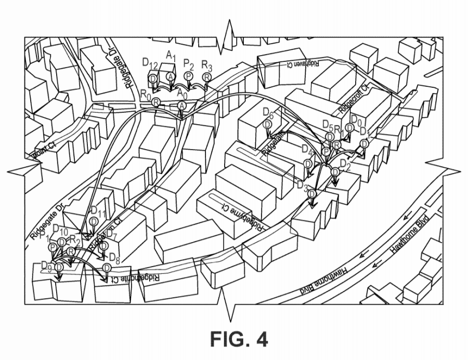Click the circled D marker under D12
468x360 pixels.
(153, 78)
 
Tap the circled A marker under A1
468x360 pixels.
(171, 76)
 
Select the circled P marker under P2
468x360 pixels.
(189, 76)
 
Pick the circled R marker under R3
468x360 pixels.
(206, 77)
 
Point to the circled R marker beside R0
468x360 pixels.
(155, 103)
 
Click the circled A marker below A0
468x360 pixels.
(181, 105)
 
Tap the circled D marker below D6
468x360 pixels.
(267, 124)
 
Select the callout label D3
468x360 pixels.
(303, 185)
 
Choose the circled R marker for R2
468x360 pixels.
(71, 252)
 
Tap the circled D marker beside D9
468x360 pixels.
(59, 266)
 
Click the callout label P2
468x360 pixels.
(189, 63)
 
